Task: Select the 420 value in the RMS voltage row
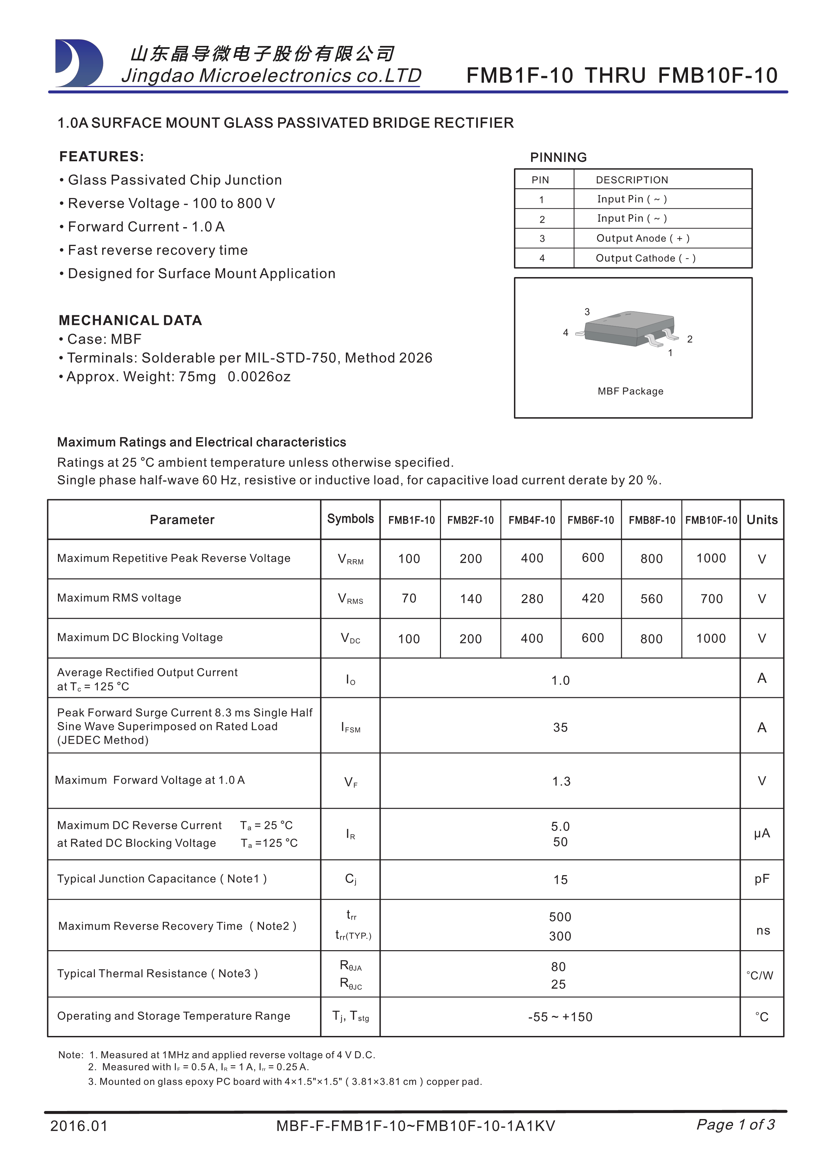tap(592, 598)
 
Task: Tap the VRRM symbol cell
tap(350, 559)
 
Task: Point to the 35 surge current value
tap(560, 727)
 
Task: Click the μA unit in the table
tap(761, 833)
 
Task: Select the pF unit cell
tap(761, 879)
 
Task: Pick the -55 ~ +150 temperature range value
tap(560, 1017)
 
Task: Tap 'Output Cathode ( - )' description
tap(645, 258)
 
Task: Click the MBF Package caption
tap(630, 391)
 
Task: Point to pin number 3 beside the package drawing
tap(587, 312)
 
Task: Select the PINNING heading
tap(558, 157)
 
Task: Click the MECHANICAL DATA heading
tap(130, 320)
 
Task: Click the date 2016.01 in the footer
tap(79, 1126)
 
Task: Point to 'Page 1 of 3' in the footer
tap(735, 1124)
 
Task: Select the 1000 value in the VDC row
tap(711, 638)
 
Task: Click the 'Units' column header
tap(761, 520)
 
